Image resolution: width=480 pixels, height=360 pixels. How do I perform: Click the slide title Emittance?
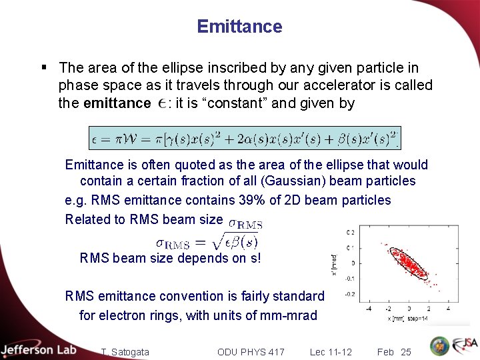239,27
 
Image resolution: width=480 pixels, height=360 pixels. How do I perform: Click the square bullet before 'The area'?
43,67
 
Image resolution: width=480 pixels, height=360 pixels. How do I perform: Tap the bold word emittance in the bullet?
117,103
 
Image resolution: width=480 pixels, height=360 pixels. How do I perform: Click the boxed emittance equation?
244,138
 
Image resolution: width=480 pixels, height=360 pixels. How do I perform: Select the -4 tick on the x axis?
369,309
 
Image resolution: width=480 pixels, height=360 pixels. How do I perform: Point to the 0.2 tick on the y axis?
350,232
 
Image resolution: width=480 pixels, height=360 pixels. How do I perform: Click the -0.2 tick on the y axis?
349,294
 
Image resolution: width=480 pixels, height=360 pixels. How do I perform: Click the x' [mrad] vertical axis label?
334,263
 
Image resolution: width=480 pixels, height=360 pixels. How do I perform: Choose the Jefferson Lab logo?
38,350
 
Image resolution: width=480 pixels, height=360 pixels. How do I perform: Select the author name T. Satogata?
125,351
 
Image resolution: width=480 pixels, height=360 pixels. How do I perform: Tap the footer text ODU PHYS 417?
251,351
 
